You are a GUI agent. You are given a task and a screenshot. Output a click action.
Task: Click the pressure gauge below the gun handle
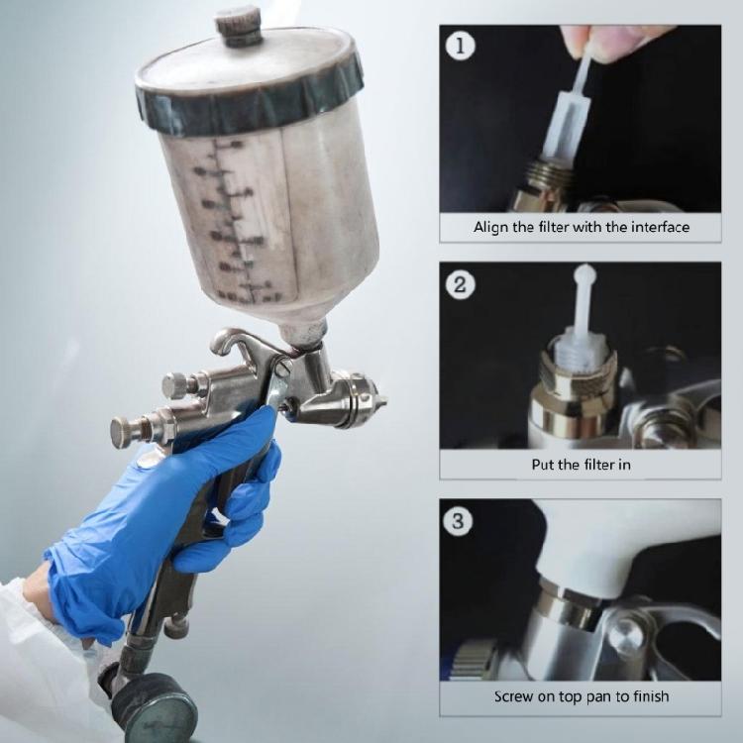(154, 709)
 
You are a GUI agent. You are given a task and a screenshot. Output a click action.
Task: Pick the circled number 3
(458, 521)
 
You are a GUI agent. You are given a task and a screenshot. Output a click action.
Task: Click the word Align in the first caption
(491, 227)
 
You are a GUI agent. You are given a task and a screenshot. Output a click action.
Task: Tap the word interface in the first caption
(659, 227)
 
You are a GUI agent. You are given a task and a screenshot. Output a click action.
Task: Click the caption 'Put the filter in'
(581, 464)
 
